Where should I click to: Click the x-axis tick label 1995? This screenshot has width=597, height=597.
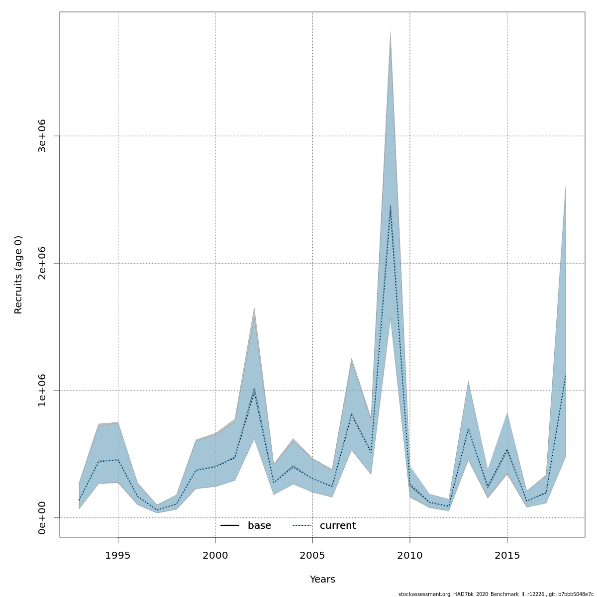tap(118, 555)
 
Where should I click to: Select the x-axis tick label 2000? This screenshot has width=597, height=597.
tap(215, 555)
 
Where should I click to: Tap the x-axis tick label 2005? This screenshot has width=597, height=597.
tap(312, 555)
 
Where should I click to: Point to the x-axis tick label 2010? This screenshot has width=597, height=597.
tap(410, 555)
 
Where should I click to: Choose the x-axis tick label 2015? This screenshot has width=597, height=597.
tap(507, 555)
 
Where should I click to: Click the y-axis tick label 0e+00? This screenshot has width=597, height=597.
tap(42, 518)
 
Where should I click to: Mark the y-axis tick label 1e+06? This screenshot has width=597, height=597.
tap(42, 391)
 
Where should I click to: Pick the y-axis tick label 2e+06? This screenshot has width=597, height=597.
tap(42, 263)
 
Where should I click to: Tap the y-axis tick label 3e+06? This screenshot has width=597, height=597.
tap(42, 136)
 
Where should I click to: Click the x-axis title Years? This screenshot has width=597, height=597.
tap(322, 580)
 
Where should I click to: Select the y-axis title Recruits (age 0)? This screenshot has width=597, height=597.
tap(18, 275)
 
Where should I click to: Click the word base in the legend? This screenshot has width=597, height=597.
tap(259, 526)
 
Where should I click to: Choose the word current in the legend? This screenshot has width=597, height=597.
tap(338, 526)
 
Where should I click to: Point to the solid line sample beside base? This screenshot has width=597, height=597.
tap(230, 526)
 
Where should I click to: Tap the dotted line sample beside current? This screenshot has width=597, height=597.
tap(302, 526)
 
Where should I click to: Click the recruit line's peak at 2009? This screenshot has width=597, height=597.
tap(391, 205)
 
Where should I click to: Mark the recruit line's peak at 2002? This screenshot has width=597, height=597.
tap(254, 389)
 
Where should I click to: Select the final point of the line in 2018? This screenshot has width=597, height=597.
tap(566, 376)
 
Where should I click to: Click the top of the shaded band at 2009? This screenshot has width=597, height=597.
tap(391, 32)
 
